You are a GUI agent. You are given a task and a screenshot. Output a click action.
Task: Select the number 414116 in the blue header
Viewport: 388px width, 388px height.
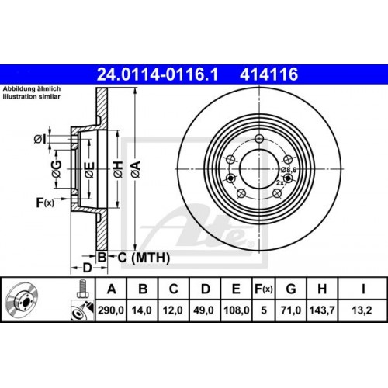click(268, 74)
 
